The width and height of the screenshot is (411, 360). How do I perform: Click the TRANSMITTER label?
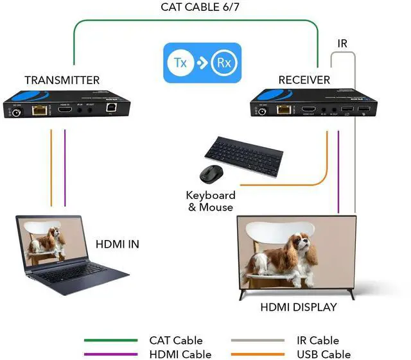pyautogui.click(x=62, y=80)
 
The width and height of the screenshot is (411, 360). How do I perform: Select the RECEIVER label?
pyautogui.click(x=304, y=80)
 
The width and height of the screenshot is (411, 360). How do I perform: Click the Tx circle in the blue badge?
pyautogui.click(x=181, y=63)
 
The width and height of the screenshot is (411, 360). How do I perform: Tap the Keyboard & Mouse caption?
pyautogui.click(x=211, y=201)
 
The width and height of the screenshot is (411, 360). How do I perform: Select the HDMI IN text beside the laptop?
pyautogui.click(x=117, y=244)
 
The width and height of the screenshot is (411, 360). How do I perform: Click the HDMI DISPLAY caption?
pyautogui.click(x=299, y=307)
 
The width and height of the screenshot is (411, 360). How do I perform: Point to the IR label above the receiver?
pyautogui.click(x=342, y=44)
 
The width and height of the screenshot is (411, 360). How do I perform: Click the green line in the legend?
pyautogui.click(x=111, y=341)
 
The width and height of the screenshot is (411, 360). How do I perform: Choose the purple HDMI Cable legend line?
pyautogui.click(x=111, y=354)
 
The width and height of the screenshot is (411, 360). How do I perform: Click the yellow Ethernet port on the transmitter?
pyautogui.click(x=40, y=110)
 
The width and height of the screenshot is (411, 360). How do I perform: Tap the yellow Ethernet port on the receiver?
pyautogui.click(x=283, y=110)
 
